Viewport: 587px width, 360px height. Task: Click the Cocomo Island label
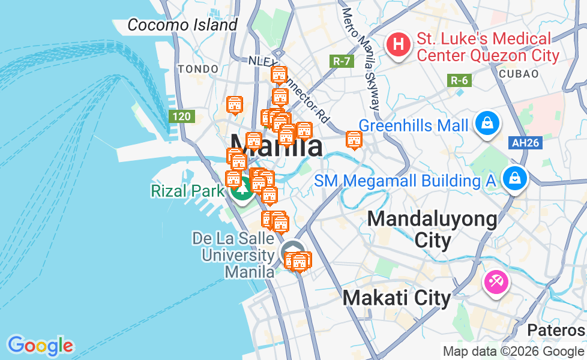point(182,25)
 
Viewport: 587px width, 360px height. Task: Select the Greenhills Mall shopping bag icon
point(487,123)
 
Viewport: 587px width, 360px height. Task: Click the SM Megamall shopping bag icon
point(514,178)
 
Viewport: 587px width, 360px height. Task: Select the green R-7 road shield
point(342,61)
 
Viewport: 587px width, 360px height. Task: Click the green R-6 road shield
point(460,80)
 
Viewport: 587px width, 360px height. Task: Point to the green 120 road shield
point(182,116)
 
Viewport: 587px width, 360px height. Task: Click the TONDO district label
point(198,69)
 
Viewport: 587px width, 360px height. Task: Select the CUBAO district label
point(518,73)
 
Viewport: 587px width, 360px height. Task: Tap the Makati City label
point(396,298)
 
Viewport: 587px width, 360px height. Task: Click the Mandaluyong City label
point(432,229)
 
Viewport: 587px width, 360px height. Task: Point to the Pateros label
point(556,330)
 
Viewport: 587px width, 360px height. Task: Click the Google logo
point(40,346)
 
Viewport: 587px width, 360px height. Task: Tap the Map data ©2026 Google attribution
point(513,352)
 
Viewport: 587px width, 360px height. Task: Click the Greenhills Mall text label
point(414,126)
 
